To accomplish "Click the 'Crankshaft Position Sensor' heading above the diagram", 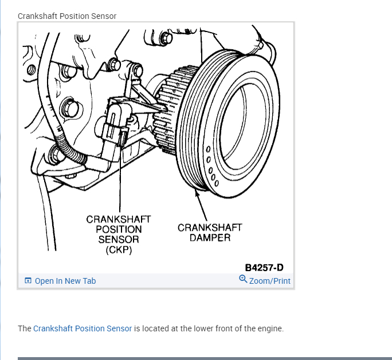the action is pyautogui.click(x=67, y=16).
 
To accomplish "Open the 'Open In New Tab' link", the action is pyautogui.click(x=65, y=281).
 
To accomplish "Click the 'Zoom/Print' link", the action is pyautogui.click(x=269, y=281).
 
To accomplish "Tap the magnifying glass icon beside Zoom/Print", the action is pyautogui.click(x=243, y=279).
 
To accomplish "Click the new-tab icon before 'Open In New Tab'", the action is pyautogui.click(x=28, y=281).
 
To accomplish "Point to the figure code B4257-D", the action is pyautogui.click(x=264, y=267).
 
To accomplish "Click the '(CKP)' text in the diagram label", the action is pyautogui.click(x=119, y=250).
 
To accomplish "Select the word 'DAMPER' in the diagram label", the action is pyautogui.click(x=210, y=237).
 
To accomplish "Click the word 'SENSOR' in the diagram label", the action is pyautogui.click(x=119, y=240).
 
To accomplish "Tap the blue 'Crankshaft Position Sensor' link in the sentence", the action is pyautogui.click(x=83, y=328).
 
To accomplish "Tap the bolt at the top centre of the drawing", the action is pyautogui.click(x=166, y=38).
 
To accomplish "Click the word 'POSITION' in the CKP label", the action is pyautogui.click(x=119, y=229).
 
